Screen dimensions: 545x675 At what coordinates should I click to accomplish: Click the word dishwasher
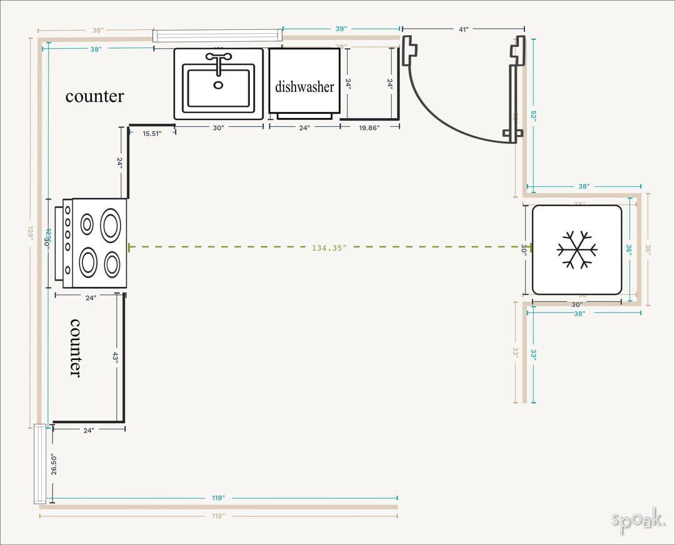(304, 87)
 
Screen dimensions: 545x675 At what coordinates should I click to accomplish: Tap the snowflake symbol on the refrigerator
(577, 249)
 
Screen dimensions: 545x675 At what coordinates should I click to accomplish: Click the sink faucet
(219, 61)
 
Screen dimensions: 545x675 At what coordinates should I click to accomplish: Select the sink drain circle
(218, 85)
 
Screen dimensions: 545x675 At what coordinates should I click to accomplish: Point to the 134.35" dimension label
(329, 248)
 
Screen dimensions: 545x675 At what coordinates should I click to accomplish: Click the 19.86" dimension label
(369, 127)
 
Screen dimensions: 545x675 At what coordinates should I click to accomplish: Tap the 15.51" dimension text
(152, 134)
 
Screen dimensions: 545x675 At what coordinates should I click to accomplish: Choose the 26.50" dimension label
(54, 464)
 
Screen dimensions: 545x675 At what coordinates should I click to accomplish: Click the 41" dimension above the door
(463, 29)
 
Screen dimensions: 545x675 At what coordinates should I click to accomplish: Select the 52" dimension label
(533, 116)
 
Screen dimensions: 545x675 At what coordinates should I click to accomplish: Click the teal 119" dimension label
(218, 498)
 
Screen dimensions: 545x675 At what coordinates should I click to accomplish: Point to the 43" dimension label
(115, 356)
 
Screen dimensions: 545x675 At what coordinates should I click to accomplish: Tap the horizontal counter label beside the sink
(94, 96)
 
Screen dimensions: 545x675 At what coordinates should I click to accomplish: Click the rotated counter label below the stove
(74, 347)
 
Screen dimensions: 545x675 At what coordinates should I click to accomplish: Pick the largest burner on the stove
(111, 226)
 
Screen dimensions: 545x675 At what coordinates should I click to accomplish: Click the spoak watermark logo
(637, 520)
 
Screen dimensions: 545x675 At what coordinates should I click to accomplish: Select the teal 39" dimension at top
(341, 29)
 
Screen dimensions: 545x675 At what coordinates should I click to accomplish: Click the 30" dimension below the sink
(218, 127)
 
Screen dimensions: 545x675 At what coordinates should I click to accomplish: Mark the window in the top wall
(217, 36)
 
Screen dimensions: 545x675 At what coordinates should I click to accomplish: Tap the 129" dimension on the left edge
(30, 232)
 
